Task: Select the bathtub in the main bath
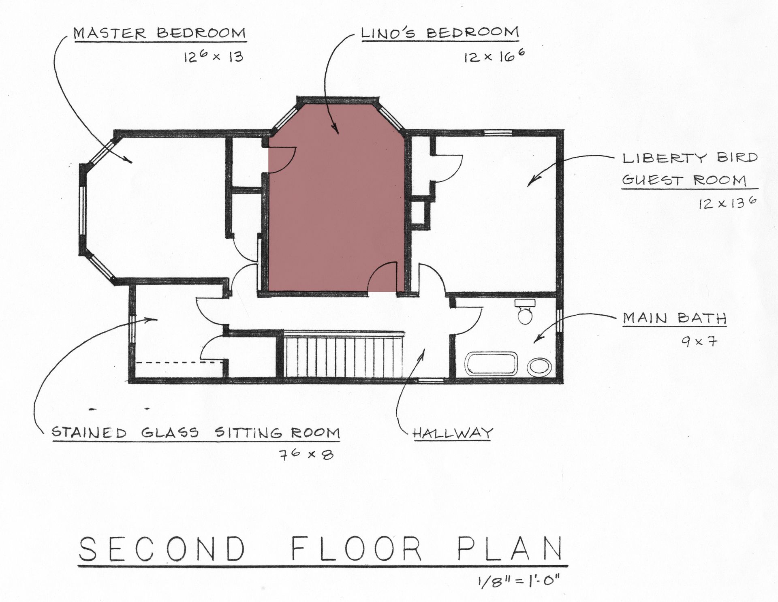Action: pyautogui.click(x=491, y=363)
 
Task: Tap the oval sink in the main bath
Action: pyautogui.click(x=539, y=367)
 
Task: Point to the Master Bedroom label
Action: pyautogui.click(x=160, y=33)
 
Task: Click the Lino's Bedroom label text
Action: pyautogui.click(x=440, y=33)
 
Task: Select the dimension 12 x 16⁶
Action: pyautogui.click(x=494, y=56)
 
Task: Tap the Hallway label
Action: pyautogui.click(x=453, y=433)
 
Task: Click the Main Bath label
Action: pyautogui.click(x=675, y=318)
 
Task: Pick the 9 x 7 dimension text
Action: pyautogui.click(x=699, y=342)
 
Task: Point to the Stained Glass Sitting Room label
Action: pyautogui.click(x=196, y=433)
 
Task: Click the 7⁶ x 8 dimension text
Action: pyautogui.click(x=306, y=455)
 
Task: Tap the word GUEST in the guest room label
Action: pyautogui.click(x=652, y=180)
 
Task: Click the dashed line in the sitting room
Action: pyautogui.click(x=178, y=362)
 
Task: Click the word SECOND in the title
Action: pyautogui.click(x=162, y=549)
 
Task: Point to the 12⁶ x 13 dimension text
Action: pyautogui.click(x=214, y=56)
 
